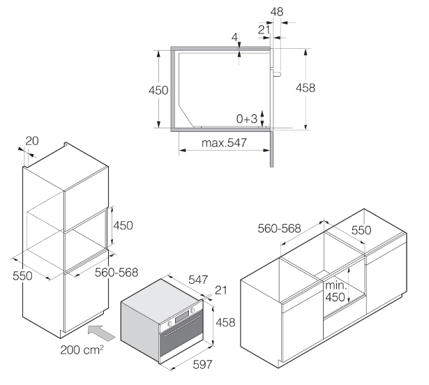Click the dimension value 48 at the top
(277, 11)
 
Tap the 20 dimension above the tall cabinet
(31, 142)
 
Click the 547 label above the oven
(198, 280)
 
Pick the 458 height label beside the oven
(224, 322)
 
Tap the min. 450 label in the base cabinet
(336, 292)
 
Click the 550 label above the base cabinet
(361, 230)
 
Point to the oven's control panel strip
(182, 322)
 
